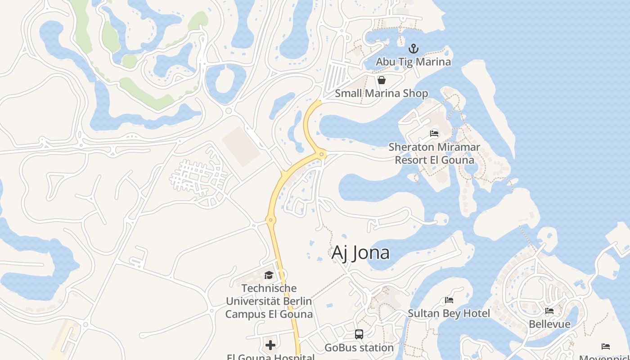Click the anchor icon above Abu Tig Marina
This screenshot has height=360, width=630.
(413, 49)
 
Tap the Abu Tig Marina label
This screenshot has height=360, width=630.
(413, 62)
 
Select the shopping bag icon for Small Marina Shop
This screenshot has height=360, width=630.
(382, 81)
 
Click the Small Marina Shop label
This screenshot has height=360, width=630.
(382, 94)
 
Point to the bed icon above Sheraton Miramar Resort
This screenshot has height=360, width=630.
(434, 134)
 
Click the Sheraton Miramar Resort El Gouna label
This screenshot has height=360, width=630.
(434, 153)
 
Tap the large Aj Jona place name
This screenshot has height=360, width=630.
(360, 253)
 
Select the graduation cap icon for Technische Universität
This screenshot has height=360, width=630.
(269, 275)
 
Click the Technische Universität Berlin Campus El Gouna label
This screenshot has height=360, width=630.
(269, 301)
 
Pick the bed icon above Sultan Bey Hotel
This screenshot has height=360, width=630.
(449, 300)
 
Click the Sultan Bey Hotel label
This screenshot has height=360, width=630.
(449, 313)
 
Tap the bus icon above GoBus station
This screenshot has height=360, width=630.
(359, 334)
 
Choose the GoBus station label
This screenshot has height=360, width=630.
(359, 347)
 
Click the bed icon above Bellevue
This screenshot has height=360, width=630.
(549, 311)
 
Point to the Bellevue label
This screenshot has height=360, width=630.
(549, 324)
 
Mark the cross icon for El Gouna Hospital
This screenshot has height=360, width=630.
(270, 345)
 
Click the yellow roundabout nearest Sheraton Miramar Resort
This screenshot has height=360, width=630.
(321, 155)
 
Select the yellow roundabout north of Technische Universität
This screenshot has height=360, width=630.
(270, 220)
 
